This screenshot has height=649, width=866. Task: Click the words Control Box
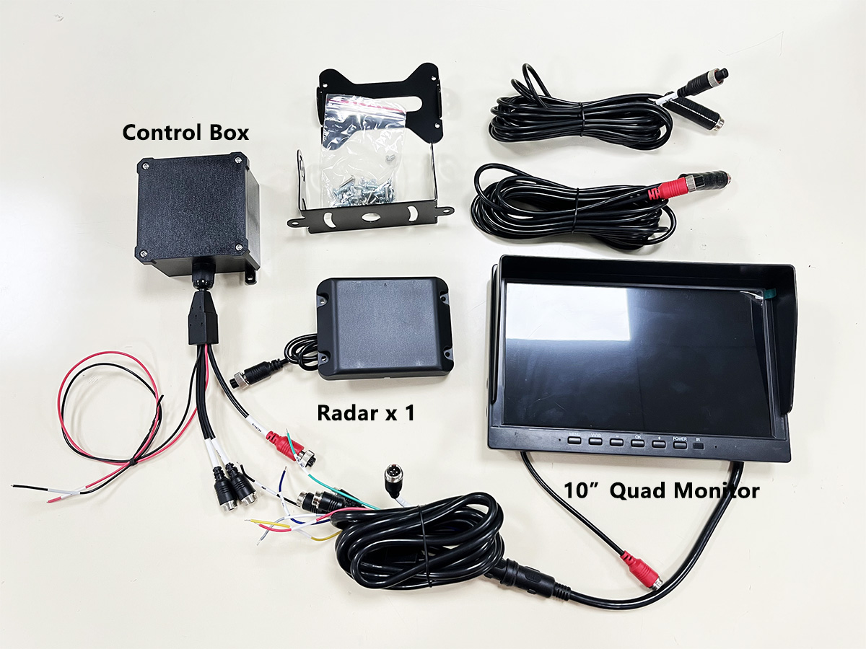[185, 133]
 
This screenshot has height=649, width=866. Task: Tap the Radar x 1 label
[365, 413]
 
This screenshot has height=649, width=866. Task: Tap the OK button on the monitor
[637, 442]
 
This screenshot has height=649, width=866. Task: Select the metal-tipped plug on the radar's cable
[241, 379]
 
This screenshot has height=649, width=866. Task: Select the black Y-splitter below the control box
[203, 322]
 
